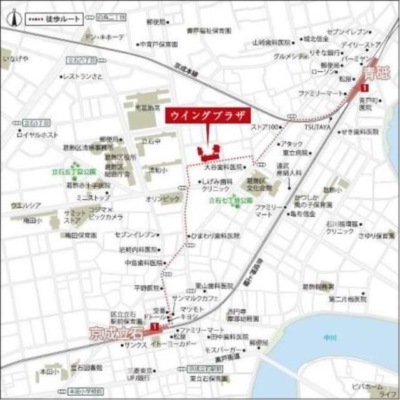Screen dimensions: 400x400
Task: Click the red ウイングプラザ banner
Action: click(x=207, y=116)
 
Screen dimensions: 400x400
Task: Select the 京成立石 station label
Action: click(x=117, y=329)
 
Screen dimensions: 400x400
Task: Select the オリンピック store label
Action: click(x=163, y=198)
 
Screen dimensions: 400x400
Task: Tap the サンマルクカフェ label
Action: click(x=194, y=299)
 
